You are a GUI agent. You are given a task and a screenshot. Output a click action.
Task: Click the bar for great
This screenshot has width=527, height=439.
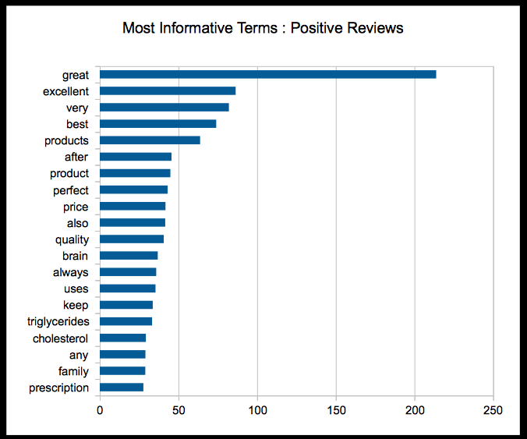tap(267, 74)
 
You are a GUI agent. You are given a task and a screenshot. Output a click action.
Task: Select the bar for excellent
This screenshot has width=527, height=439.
tap(168, 91)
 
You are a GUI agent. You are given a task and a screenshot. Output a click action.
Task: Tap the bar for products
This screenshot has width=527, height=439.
tap(150, 140)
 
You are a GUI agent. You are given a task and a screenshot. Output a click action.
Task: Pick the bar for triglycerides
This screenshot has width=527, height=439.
tap(126, 321)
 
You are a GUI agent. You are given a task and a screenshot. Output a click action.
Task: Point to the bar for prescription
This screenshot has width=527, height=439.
tap(122, 387)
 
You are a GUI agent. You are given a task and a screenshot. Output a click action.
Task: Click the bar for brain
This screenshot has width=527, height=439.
tap(129, 256)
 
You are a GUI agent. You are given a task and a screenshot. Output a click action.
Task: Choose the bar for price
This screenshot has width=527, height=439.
tap(133, 207)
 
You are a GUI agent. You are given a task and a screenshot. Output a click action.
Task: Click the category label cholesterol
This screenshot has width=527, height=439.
tap(60, 338)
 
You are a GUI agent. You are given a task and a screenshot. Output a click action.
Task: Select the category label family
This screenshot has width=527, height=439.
tap(73, 371)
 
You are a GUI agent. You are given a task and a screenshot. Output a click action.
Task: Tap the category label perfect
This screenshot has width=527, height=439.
tap(71, 190)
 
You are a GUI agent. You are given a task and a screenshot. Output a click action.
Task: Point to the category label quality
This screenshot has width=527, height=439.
tap(72, 239)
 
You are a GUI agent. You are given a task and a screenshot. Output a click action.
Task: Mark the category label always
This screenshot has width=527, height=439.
tap(71, 272)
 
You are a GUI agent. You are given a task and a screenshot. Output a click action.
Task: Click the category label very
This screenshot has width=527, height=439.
tap(77, 108)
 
